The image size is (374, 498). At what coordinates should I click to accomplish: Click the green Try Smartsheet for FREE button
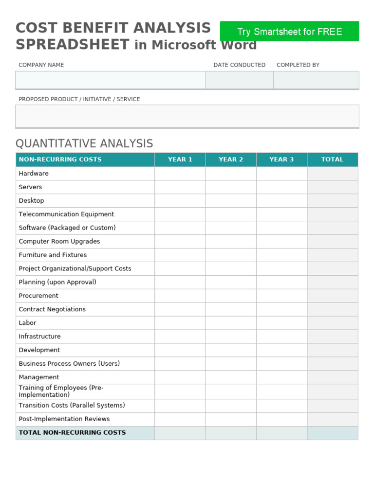(289, 32)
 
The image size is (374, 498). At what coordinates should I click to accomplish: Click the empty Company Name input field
(110, 80)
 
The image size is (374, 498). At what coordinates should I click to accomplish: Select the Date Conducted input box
(239, 80)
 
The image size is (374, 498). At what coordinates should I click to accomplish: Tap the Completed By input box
(316, 80)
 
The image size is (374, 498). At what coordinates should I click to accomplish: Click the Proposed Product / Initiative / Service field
(187, 116)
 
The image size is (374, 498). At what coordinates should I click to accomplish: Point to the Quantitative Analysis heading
(84, 143)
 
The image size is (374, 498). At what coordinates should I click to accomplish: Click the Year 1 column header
(180, 160)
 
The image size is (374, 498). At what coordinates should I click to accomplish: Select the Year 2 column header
(231, 160)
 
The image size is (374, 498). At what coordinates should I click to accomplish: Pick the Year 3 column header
(281, 160)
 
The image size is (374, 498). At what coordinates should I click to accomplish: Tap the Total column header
(332, 160)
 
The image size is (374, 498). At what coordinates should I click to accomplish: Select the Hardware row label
(34, 174)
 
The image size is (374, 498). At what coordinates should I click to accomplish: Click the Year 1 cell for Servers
(180, 187)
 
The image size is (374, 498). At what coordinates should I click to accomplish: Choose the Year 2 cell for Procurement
(231, 296)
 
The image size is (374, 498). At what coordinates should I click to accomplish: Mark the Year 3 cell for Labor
(281, 323)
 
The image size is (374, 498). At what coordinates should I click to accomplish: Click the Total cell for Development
(332, 350)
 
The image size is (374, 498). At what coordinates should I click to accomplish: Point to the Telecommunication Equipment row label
(66, 214)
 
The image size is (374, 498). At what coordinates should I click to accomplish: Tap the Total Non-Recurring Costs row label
(72, 433)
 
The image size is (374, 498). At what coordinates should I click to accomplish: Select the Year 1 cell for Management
(180, 377)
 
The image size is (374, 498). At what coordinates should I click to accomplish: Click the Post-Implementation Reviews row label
(64, 419)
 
